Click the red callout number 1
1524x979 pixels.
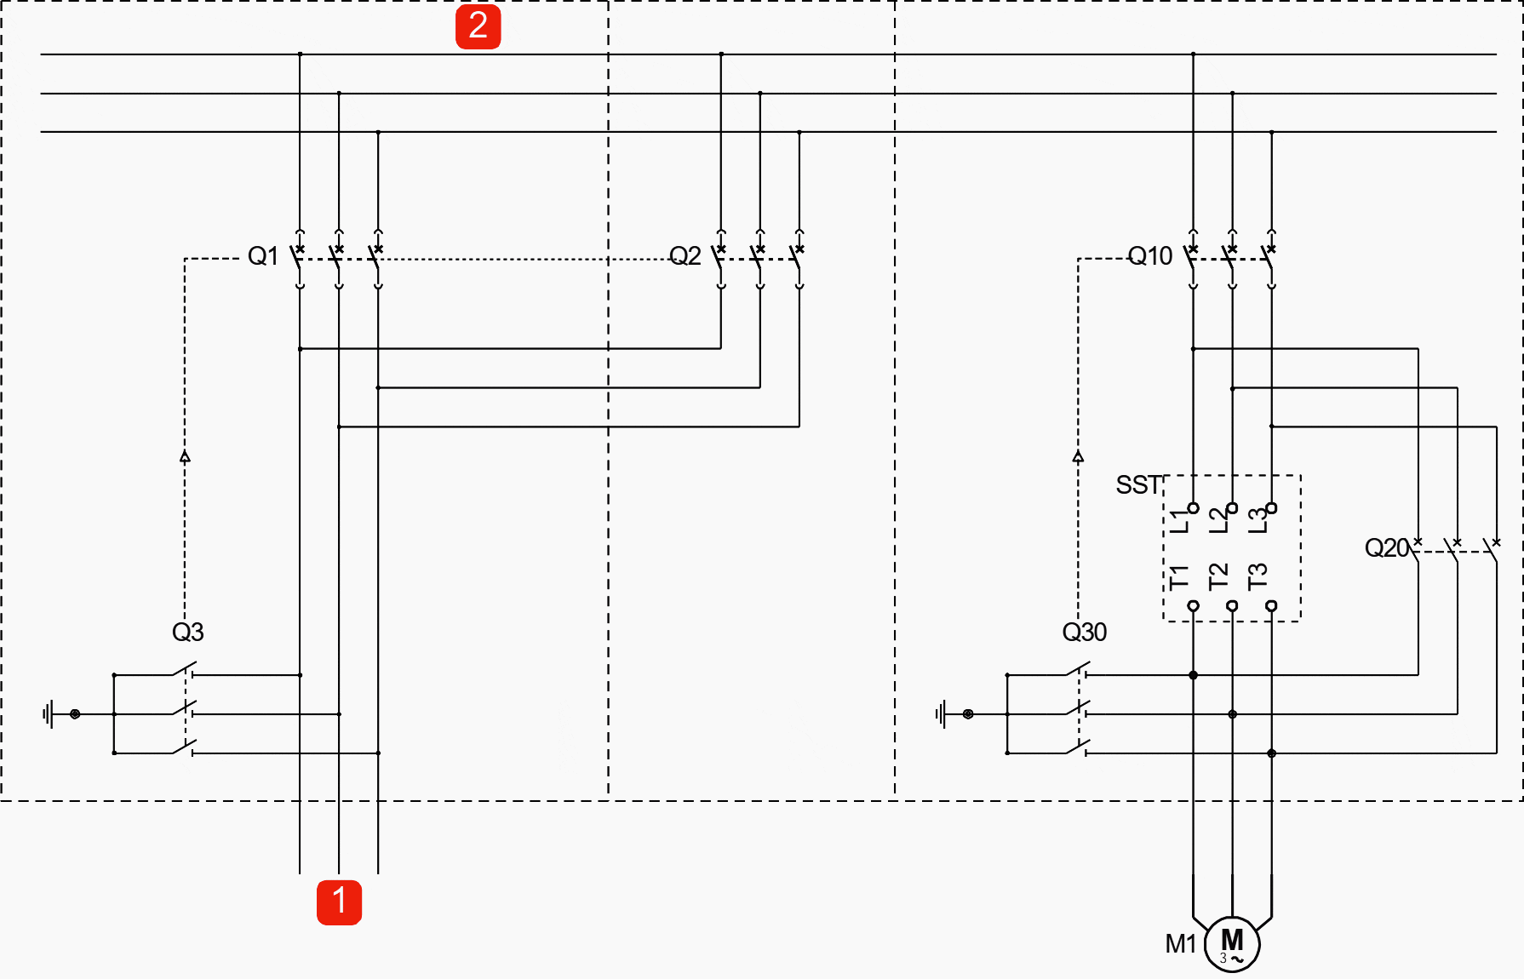[x=339, y=902]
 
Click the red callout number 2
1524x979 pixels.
[x=478, y=26]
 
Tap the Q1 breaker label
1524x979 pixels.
[x=263, y=255]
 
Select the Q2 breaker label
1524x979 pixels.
[x=685, y=255]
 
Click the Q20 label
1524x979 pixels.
[x=1386, y=547]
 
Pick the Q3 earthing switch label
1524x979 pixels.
[x=187, y=632]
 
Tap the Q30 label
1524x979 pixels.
[x=1084, y=632]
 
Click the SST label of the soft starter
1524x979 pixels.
[x=1138, y=484]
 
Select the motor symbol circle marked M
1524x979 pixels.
[x=1232, y=944]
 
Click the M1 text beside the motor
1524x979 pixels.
[x=1181, y=944]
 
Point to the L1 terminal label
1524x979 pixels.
[x=1178, y=521]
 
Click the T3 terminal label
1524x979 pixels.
[x=1258, y=576]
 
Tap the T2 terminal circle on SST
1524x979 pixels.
[x=1232, y=606]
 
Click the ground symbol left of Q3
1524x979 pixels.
[x=49, y=713]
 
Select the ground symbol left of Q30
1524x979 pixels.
[x=942, y=713]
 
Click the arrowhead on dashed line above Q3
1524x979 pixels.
[x=185, y=457]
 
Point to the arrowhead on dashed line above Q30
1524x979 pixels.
[x=1078, y=457]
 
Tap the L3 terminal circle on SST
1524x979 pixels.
[x=1271, y=508]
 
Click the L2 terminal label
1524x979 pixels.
[x=1218, y=520]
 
